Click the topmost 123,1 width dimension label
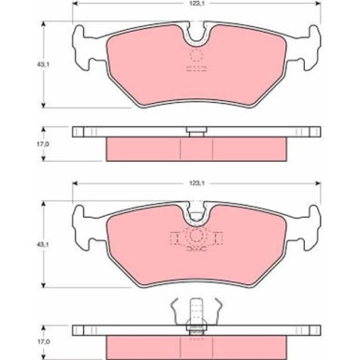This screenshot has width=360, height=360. tap(196, 3)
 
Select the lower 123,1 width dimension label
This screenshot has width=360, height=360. tap(196, 183)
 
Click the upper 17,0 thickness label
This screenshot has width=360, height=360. tap(44, 144)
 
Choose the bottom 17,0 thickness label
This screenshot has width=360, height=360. tap(44, 342)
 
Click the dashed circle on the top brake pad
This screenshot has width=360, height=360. tap(196, 55)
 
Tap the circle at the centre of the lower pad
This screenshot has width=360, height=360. tap(196, 236)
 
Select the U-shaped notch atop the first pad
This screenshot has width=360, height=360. tap(196, 36)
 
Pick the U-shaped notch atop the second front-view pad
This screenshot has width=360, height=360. tap(196, 215)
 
